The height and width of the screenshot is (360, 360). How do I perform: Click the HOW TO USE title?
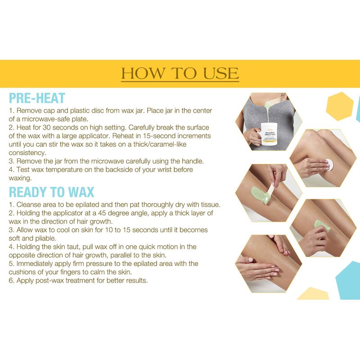[180, 73]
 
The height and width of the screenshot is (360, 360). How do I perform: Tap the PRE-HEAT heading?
[37, 98]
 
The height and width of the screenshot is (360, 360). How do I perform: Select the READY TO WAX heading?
[51, 192]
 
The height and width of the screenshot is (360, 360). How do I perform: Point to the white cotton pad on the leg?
[329, 164]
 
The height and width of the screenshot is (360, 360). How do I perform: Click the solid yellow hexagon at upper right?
[340, 106]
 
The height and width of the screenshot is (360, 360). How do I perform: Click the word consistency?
[27, 153]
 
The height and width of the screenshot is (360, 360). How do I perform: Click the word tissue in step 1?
[210, 205]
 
